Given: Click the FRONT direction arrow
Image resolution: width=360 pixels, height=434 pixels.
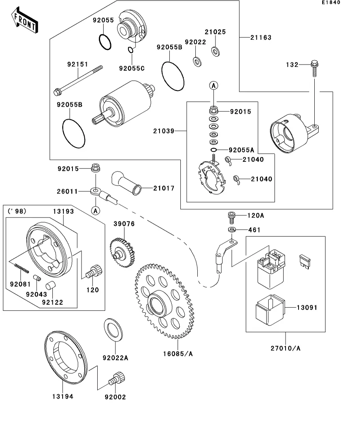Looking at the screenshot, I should pyautogui.click(x=24, y=22).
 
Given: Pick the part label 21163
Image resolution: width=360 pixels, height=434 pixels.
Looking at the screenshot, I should pyautogui.click(x=261, y=38).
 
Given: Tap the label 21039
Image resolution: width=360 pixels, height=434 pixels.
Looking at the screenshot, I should pyautogui.click(x=164, y=130).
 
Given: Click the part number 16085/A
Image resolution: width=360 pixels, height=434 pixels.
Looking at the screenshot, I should pyautogui.click(x=178, y=354).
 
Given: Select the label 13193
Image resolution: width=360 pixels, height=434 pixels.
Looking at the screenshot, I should pyautogui.click(x=63, y=211).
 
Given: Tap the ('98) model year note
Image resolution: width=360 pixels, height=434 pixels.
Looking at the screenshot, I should pyautogui.click(x=17, y=211).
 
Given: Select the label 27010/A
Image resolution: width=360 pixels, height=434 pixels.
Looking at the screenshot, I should pyautogui.click(x=286, y=348).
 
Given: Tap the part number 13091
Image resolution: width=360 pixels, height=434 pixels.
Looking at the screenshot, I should pyautogui.click(x=306, y=307).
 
